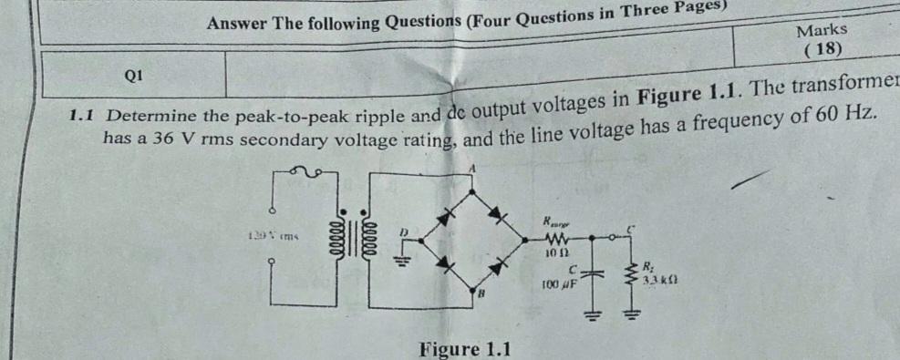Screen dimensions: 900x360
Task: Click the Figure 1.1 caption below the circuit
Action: point(465,349)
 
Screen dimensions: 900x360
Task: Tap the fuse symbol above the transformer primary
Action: point(305,171)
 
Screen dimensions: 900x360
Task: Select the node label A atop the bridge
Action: point(473,169)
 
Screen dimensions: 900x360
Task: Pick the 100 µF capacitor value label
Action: point(555,285)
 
